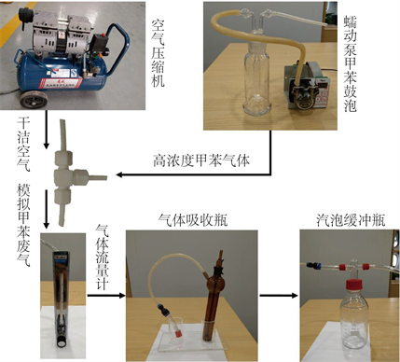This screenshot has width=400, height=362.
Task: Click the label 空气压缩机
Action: click(159, 53)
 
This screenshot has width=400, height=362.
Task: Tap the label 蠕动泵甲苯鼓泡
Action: click(350, 64)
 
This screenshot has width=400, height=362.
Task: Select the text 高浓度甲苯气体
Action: click(201, 160)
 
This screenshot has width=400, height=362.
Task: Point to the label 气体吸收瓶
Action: click(193, 220)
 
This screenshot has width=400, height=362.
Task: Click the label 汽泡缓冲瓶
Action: click(351, 220)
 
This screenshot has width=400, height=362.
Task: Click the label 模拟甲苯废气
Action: click(23, 225)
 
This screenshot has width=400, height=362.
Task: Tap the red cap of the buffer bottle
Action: click(354, 286)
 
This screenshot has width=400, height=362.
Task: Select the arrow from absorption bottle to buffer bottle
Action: click(279, 295)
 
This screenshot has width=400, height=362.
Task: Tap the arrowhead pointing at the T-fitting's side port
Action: click(119, 174)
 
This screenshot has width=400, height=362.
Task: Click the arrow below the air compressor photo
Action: click(47, 129)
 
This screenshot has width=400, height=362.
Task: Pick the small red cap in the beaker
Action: click(179, 334)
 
